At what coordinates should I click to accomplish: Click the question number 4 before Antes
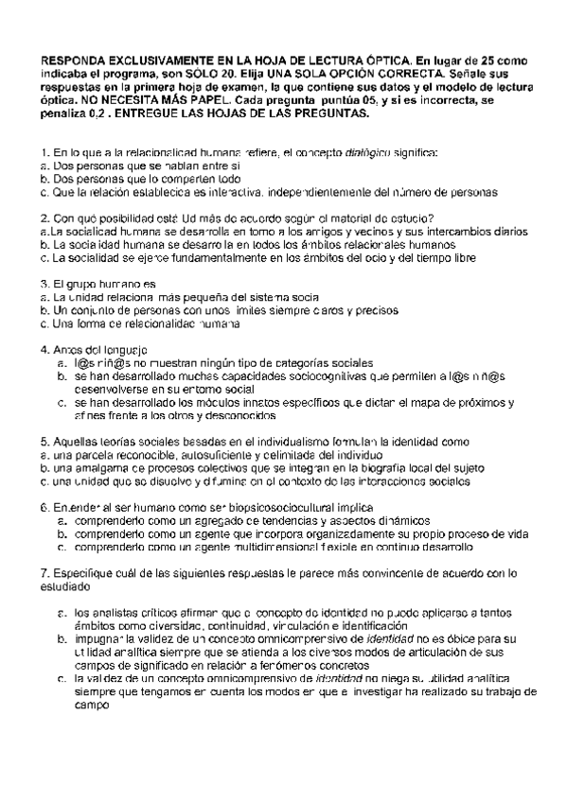click(44, 349)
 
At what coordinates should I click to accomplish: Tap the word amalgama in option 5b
click(87, 467)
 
